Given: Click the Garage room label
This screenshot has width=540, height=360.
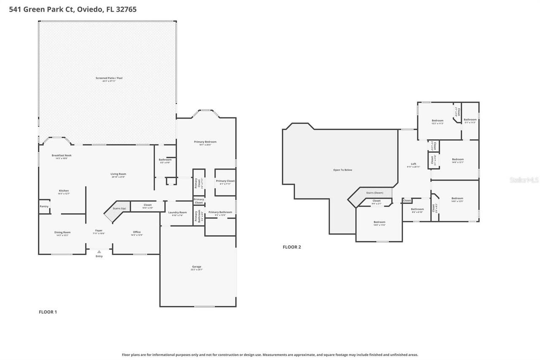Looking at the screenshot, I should [197, 266].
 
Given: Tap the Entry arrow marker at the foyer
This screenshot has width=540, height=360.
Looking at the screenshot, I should [99, 252].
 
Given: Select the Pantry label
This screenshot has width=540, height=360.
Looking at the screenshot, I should [44, 206].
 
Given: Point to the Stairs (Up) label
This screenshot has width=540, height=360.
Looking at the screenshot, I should [119, 208].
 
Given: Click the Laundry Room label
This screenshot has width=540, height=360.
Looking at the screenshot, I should [177, 212].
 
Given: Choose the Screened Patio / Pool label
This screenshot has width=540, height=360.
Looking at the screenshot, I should [109, 78].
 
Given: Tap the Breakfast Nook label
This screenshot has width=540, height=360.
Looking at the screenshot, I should [62, 155].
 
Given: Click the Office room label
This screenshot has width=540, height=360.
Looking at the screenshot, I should [137, 232].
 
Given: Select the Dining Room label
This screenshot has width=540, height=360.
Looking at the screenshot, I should [62, 232].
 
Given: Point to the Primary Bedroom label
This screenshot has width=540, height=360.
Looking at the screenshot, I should [205, 142].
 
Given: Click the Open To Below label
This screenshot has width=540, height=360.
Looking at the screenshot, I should [343, 170].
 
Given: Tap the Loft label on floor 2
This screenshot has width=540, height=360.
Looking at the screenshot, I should [413, 164].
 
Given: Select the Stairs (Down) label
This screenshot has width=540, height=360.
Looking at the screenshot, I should [375, 192].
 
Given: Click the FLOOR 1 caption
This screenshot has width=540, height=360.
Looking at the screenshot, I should [48, 312].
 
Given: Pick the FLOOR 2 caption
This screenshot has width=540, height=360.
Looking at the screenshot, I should [292, 247].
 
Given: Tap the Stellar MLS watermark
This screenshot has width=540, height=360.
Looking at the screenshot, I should [524, 180].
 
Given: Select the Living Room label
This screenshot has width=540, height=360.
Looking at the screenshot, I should [119, 174].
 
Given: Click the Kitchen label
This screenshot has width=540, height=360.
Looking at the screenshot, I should [64, 191].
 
